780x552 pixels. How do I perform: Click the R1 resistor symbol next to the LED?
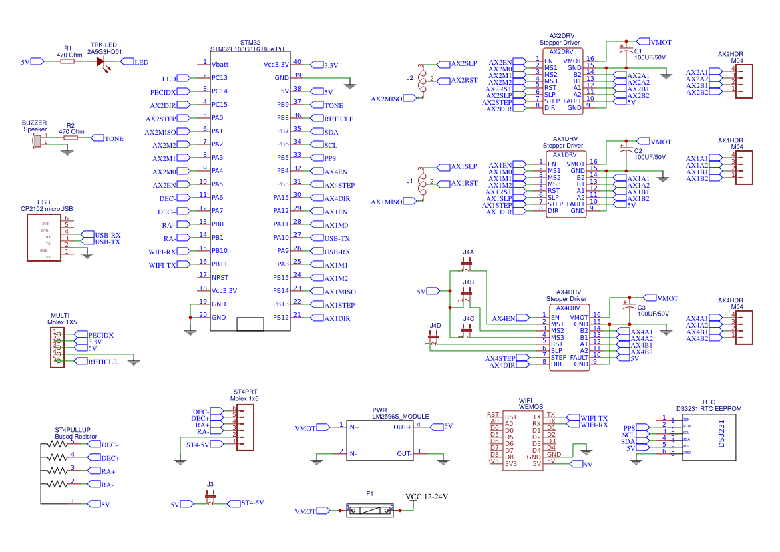pos(67,61)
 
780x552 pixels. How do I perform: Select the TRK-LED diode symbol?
pos(102,61)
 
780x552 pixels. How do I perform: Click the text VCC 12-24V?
pos(427,497)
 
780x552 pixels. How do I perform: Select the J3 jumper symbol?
pos(210,496)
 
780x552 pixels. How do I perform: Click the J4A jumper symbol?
pos(467,264)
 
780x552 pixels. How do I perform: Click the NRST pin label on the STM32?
pos(220,277)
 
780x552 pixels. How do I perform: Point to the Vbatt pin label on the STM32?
pos(220,64)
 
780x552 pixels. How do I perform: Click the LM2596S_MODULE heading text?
pos(400,416)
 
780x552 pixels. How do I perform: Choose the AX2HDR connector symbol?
pos(744,81)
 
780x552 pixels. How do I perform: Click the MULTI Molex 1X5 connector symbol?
pos(58,348)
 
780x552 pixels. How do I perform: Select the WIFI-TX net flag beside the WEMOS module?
pos(593,417)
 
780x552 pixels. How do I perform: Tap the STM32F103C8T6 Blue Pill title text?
pos(247,49)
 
